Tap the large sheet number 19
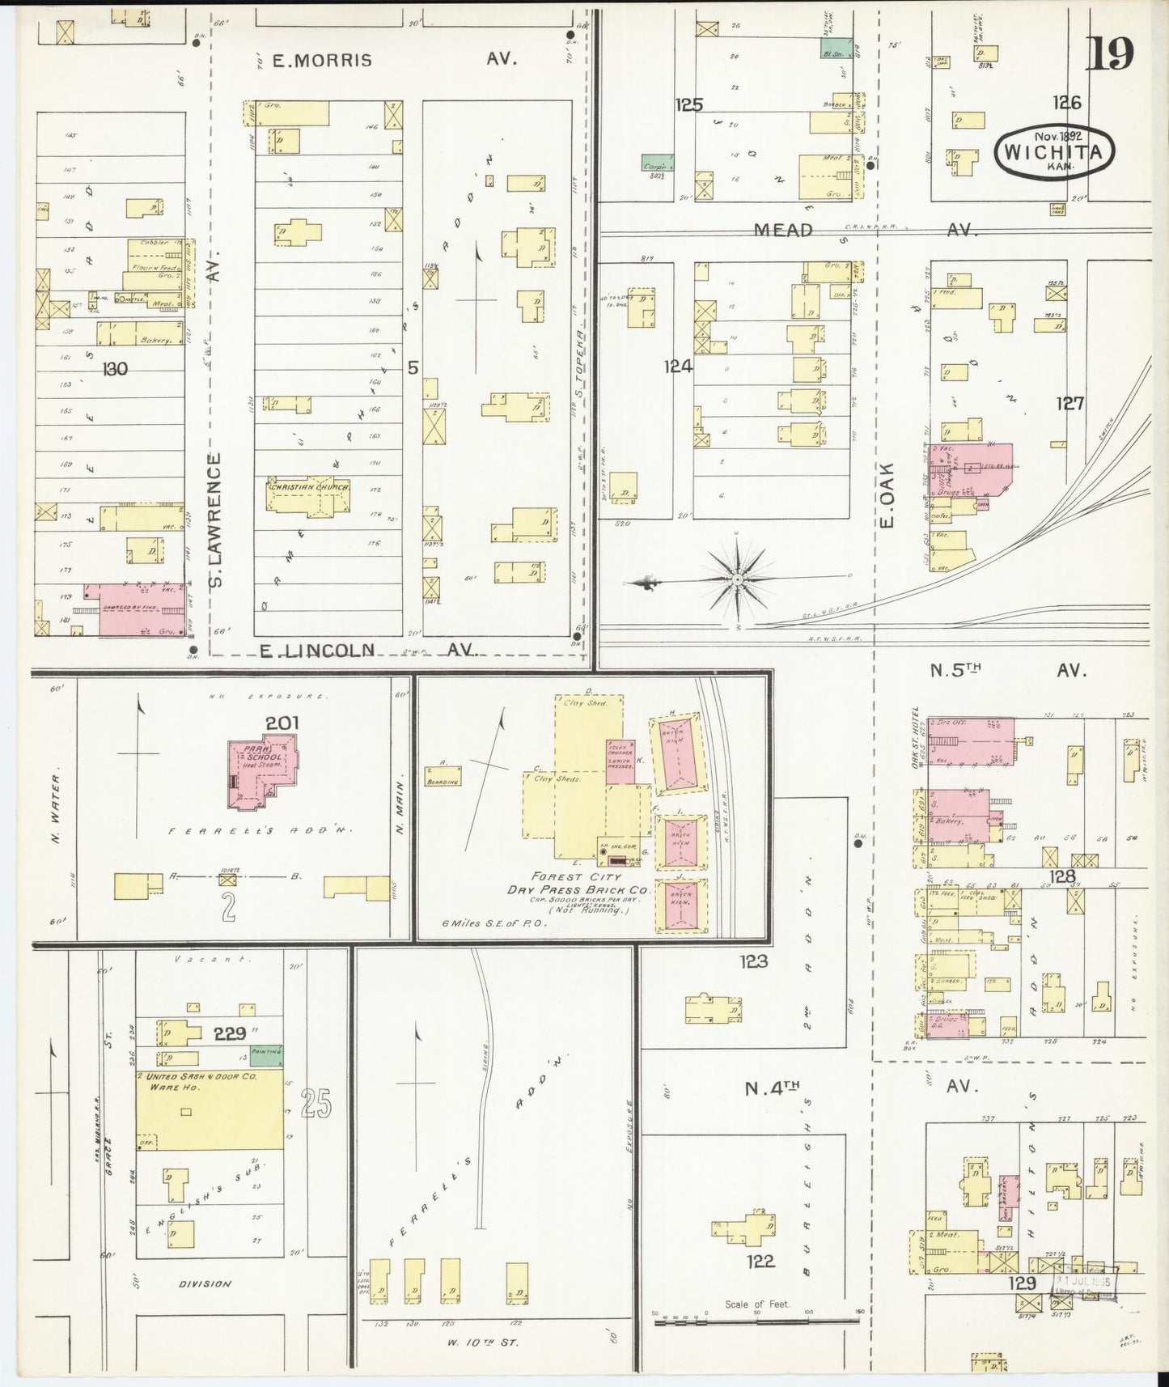(x=1110, y=54)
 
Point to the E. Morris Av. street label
(x=322, y=60)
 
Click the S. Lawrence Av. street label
(x=215, y=519)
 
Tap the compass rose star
(x=738, y=579)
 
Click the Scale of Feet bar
(x=757, y=1321)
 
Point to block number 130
(x=115, y=369)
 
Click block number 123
(x=752, y=961)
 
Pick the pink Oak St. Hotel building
(x=971, y=740)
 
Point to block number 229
(x=230, y=1033)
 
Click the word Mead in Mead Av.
(x=782, y=231)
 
